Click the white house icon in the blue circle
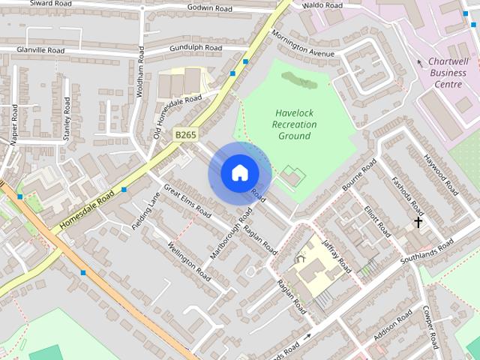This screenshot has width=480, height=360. coord(239,173)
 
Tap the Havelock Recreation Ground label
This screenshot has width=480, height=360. coord(293,124)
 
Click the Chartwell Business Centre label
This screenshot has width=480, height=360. coord(448,73)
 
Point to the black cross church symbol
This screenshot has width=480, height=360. coord(418,222)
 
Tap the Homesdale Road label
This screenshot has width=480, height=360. coord(87,209)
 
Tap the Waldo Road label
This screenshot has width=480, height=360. coord(322,5)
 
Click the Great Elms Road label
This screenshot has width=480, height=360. coord(187,199)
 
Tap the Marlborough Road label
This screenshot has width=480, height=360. coord(232,233)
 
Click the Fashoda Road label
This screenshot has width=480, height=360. coord(408,196)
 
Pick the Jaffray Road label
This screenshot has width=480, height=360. coord(335,254)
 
